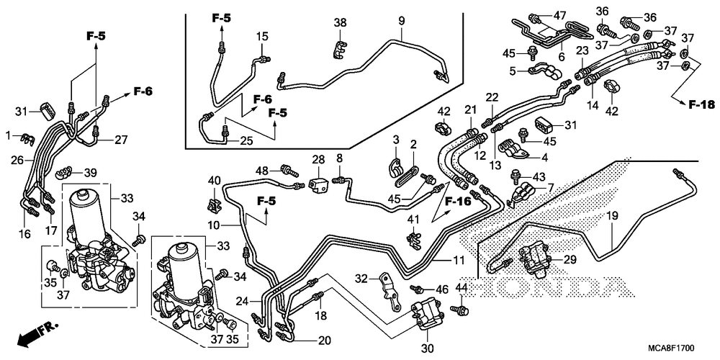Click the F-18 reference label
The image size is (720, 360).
[701, 104]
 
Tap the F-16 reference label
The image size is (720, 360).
[458, 201]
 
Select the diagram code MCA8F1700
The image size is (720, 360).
[671, 348]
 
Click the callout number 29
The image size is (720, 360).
[570, 260]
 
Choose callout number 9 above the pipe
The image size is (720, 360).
[401, 20]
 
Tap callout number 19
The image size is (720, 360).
[613, 215]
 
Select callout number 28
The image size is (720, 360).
[318, 159]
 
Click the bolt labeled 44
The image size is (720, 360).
[460, 310]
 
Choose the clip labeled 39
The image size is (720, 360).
[65, 173]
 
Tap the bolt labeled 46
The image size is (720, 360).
[419, 289]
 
